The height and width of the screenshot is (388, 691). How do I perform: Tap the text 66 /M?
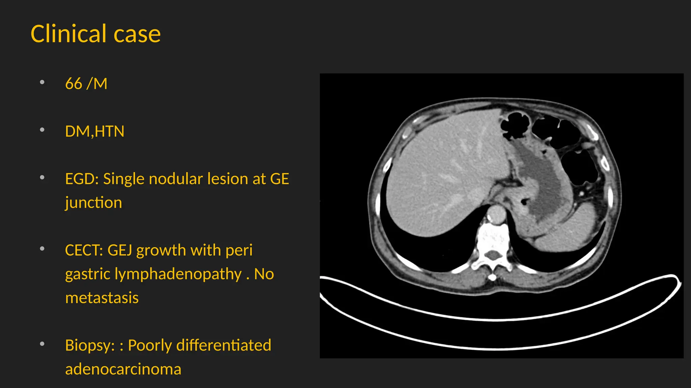coord(86,84)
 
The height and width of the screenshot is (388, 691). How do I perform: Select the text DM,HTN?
coord(94,131)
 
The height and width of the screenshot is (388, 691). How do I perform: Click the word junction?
coord(93,203)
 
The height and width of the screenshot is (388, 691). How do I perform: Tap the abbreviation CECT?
coord(84,250)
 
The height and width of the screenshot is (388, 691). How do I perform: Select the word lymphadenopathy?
coord(178,274)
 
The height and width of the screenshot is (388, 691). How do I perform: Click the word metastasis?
coord(102,298)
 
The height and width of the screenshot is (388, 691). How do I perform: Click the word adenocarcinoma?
coord(123,369)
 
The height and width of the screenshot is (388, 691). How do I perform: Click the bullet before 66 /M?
coord(42,82)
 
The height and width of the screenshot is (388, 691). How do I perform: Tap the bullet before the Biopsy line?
coord(42,344)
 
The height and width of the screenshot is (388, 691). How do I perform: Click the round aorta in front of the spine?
coord(496,215)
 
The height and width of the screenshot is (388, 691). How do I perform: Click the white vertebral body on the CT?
coord(493,238)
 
